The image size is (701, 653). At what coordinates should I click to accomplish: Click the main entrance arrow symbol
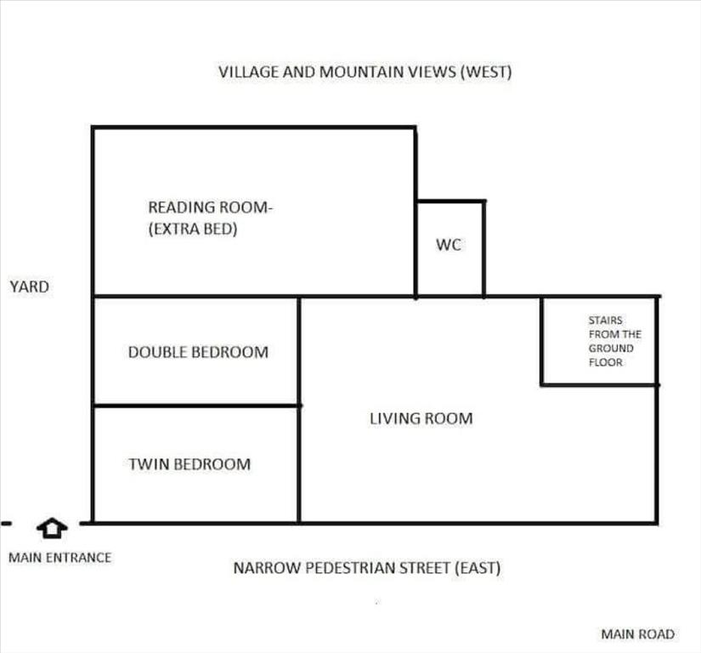point(52,528)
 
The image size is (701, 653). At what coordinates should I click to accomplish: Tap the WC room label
point(449,245)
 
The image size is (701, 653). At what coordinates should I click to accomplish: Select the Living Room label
point(421,418)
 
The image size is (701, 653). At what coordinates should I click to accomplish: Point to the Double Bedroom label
point(198,353)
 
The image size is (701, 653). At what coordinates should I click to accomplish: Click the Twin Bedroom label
point(189,464)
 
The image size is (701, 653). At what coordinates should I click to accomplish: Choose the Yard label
point(30,287)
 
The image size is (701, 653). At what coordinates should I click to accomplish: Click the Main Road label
point(637,634)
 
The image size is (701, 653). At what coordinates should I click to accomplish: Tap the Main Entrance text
point(60,558)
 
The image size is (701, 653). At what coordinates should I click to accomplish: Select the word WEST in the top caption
point(486,72)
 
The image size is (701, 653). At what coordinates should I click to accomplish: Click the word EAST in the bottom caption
point(478,568)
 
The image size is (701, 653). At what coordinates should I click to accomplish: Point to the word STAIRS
point(605,321)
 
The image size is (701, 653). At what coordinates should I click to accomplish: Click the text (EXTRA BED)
point(193,229)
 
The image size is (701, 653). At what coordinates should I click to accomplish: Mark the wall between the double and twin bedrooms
point(196,406)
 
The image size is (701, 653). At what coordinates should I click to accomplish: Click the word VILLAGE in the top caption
point(248,72)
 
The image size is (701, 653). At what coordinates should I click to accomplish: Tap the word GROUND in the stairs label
point(611,349)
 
